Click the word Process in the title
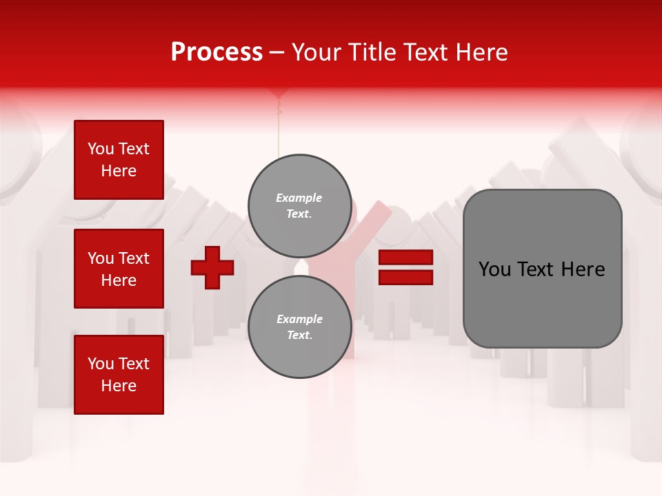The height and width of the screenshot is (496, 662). coord(217,52)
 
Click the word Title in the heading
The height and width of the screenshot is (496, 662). coord(370,52)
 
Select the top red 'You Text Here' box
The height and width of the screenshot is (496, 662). coord(119,160)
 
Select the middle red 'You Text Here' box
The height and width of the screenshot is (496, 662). coord(119,269)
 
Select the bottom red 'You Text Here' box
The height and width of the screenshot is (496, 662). coord(119,375)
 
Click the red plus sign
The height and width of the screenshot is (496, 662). coord(212,267)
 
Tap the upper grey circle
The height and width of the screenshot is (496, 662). coord(299,205)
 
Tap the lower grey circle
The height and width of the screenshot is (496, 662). coord(299,327)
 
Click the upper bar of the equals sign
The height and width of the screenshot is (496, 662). coord(405,257)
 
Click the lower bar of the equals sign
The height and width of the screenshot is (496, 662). coord(405,277)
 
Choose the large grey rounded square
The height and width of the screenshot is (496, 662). coord(542,269)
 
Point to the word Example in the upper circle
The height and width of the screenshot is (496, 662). coord(299,198)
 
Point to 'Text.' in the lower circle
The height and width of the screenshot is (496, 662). coord(299,335)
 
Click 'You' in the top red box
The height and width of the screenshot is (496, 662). coord(101,149)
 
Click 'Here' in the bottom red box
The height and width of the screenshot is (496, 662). coord(119,386)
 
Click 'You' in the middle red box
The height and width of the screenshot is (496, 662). coord(101,258)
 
